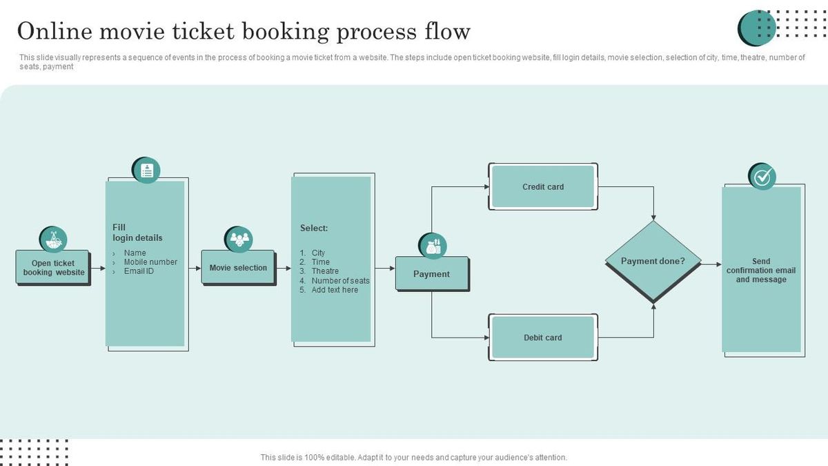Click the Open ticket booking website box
pyautogui.click(x=53, y=267)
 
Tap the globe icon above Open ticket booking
pyautogui.click(x=53, y=240)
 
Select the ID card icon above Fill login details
pyautogui.click(x=146, y=171)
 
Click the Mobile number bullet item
pyautogui.click(x=150, y=262)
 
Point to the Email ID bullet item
pyautogui.click(x=139, y=271)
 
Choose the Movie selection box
pyautogui.click(x=238, y=268)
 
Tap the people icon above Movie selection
pyautogui.click(x=239, y=240)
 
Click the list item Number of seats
pyautogui.click(x=339, y=281)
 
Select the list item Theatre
pyautogui.click(x=324, y=271)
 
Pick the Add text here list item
pyautogui.click(x=334, y=290)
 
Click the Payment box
pyautogui.click(x=432, y=274)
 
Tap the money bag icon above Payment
pyautogui.click(x=433, y=246)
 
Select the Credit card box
pyautogui.click(x=543, y=186)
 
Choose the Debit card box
pyautogui.click(x=543, y=338)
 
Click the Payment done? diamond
pyautogui.click(x=653, y=262)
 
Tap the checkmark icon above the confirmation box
pyautogui.click(x=762, y=177)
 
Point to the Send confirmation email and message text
pyautogui.click(x=761, y=271)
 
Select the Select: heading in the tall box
pyautogui.click(x=314, y=228)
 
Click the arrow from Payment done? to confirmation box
pyautogui.click(x=711, y=264)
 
